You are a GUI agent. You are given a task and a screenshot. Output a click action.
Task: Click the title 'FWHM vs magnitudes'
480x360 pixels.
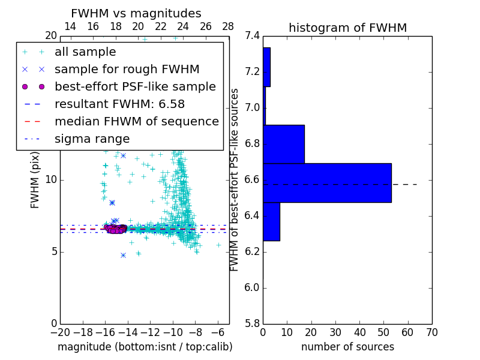coord(136,13)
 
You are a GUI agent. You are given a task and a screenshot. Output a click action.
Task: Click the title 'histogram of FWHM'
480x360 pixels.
coord(347,28)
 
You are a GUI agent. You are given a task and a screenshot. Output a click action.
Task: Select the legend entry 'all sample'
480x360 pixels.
coord(85,52)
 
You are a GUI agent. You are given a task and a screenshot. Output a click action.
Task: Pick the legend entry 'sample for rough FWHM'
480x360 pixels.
coord(127,70)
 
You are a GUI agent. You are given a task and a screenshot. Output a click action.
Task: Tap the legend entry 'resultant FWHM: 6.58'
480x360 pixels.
coord(119,104)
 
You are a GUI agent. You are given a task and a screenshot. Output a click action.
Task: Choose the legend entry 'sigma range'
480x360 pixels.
coord(92,139)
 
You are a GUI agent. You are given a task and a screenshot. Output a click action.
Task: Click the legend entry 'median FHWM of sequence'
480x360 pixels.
coord(136,122)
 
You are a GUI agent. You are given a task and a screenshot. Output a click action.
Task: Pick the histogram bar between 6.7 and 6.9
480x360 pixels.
coord(284,144)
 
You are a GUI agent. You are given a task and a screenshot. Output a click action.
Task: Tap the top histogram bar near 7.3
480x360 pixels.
coord(266,67)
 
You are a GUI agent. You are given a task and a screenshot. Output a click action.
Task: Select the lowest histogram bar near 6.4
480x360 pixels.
coord(271,221)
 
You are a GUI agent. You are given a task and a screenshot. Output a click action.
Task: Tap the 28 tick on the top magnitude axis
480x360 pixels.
coord(228,26)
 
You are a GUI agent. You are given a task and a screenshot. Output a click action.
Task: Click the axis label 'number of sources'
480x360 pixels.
coord(347,347)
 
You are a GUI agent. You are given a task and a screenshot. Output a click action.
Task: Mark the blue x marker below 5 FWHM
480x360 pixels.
coord(123,255)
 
